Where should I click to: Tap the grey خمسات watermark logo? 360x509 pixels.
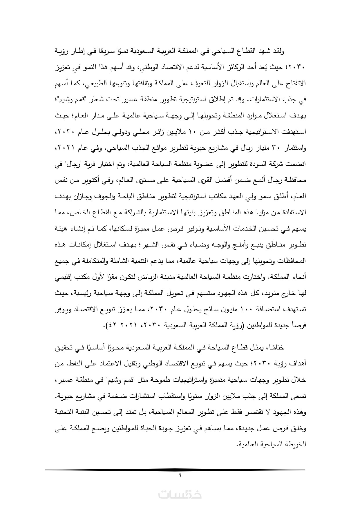coord(180,494)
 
